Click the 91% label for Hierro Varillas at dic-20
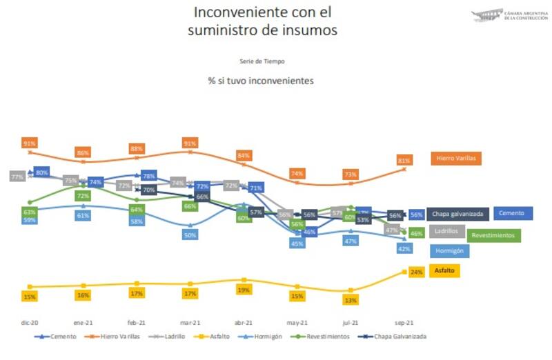30,143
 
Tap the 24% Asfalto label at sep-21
416,272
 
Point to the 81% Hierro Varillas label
404,161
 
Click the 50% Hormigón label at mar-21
190,235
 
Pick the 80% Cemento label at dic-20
42,172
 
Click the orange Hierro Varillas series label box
456,159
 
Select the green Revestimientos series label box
495,235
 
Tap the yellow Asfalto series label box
445,270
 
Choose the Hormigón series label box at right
448,251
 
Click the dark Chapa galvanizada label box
459,214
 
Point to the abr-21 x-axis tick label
244,322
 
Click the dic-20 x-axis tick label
28,322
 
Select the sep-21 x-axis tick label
404,322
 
